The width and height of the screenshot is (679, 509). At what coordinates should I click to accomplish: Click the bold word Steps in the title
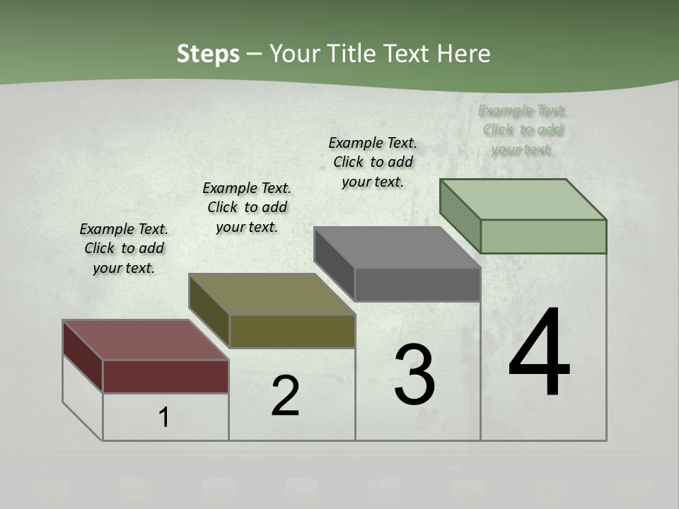pos(208,54)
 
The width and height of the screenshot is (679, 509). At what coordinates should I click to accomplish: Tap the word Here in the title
pos(463,54)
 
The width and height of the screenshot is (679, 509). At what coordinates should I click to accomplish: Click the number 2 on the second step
pos(285,396)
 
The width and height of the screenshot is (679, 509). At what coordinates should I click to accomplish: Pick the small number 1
pos(164,417)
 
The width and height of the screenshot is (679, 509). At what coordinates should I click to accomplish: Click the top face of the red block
pos(145,340)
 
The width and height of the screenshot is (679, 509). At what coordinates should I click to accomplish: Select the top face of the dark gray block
pos(397,247)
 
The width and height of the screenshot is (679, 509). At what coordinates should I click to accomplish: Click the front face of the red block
pos(166,376)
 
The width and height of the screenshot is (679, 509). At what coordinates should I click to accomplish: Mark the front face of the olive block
pos(292,331)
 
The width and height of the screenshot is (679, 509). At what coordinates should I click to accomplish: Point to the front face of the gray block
pos(417,284)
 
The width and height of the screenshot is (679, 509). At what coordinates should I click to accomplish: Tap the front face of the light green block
pos(543,236)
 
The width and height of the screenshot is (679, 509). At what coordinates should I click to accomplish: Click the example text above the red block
pos(124,248)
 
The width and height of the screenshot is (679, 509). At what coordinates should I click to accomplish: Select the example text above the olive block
pos(247,207)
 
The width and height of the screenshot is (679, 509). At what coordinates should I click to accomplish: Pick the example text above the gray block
pos(373,162)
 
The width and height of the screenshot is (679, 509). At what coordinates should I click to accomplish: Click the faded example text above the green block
pos(523,130)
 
